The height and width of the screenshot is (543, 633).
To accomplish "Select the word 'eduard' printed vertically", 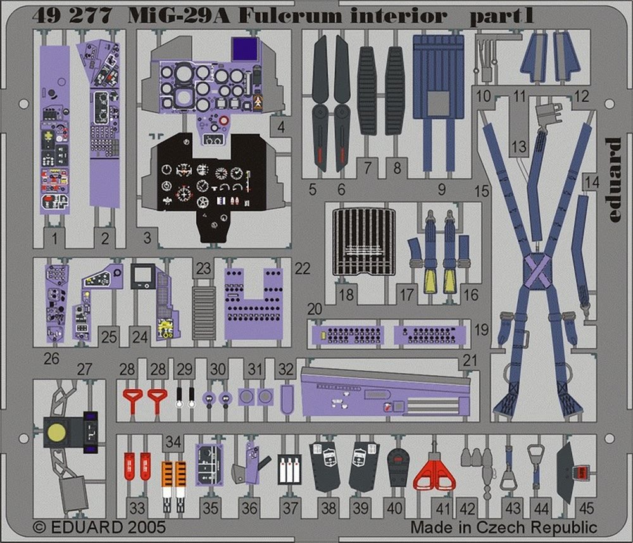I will click(x=612, y=180).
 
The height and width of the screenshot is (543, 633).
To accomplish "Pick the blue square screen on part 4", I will click(x=246, y=48).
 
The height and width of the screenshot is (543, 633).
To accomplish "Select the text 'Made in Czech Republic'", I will click(x=503, y=527).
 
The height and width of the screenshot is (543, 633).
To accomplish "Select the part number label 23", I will click(x=203, y=268).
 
